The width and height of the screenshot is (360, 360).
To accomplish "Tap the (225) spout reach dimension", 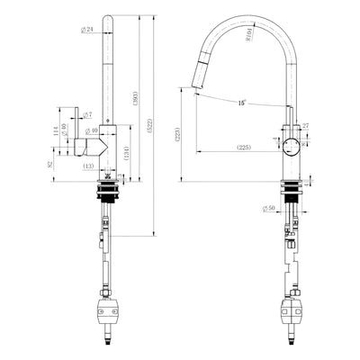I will pos(243,147).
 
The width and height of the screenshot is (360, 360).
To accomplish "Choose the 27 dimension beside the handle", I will pos(305,127).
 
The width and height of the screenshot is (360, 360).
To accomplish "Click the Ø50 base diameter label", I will pos(269,210).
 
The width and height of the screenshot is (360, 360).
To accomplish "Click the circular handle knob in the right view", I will pos(291,147).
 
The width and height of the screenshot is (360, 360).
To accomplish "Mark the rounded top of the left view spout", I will pos(107,19).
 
